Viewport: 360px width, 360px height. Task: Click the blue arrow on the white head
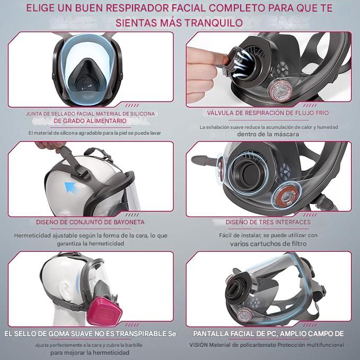69,186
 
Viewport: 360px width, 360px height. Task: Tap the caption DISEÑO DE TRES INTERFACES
268,222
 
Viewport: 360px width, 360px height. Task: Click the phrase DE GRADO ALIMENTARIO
91,121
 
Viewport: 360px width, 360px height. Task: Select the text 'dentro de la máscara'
268,134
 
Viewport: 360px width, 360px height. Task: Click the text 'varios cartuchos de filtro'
268,244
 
